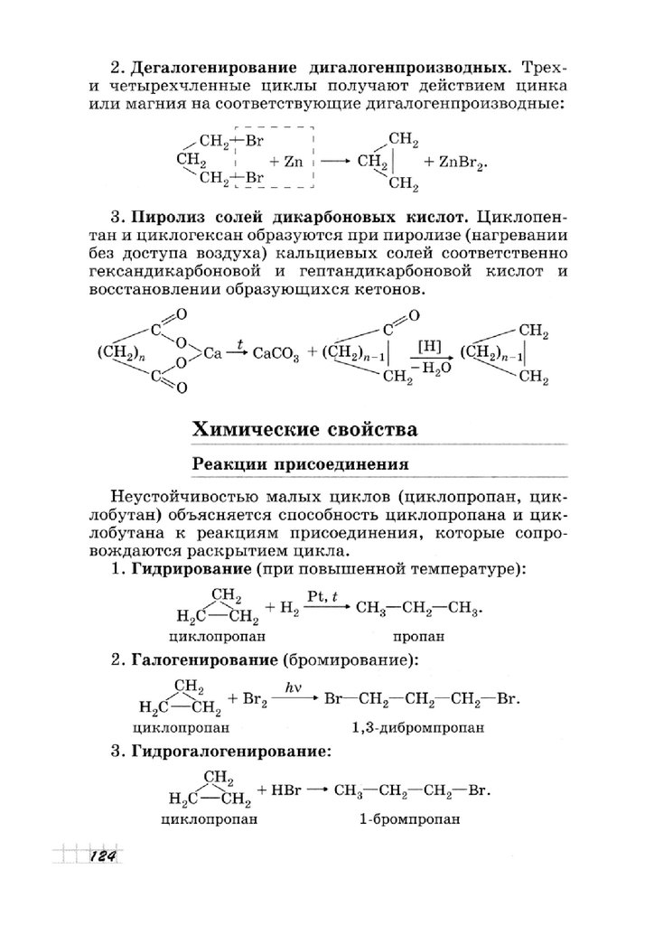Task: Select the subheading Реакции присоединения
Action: pos(298,465)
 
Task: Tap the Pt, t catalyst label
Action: pos(323,595)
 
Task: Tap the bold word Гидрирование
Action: pos(190,570)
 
